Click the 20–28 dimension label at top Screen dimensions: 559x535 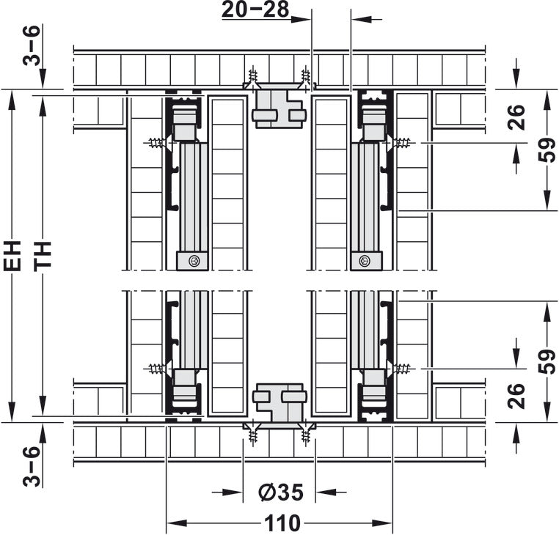point(255,10)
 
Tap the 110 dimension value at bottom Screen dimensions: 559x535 point(282,523)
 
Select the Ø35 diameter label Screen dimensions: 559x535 point(281,492)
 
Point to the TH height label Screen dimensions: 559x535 point(43,256)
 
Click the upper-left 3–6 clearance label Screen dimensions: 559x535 point(32,45)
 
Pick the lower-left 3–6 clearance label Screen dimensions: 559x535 point(32,466)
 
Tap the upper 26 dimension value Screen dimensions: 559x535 point(516,117)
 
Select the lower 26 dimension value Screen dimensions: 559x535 point(516,396)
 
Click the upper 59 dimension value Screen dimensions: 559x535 point(547,150)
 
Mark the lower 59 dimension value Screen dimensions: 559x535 point(547,362)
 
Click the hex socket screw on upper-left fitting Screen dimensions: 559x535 point(194,261)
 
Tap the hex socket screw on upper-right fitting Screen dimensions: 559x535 point(365,261)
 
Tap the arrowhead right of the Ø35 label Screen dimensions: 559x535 point(326,492)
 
